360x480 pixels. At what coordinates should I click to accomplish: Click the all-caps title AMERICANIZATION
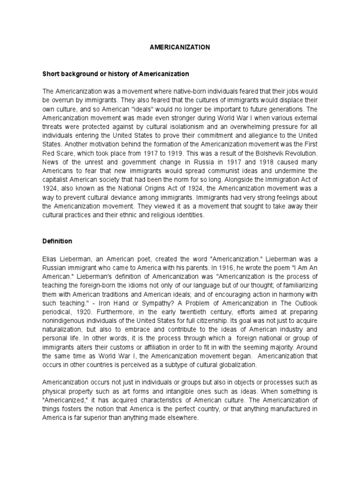180,47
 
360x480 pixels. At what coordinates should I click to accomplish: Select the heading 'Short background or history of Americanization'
116,74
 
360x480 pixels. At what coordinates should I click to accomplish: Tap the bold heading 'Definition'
58,241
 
